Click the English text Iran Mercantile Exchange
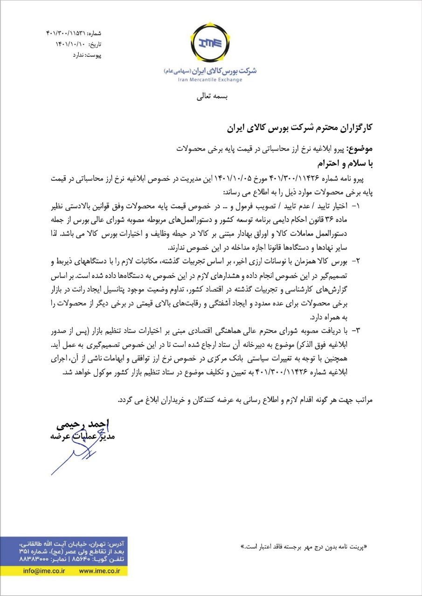click(210, 80)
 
